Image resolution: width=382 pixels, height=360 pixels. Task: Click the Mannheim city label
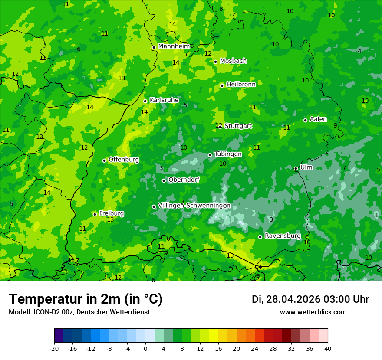point(174,46)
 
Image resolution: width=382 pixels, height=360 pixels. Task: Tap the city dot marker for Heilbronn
point(222,85)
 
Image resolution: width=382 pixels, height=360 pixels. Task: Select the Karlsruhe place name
point(164,100)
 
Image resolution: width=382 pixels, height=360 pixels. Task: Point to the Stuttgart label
point(238,126)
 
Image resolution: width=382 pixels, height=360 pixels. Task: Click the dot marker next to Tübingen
point(210,155)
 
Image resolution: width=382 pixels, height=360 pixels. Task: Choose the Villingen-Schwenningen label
point(194,206)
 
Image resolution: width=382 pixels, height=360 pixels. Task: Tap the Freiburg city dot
point(95,214)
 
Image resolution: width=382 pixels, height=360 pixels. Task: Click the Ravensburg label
point(283,236)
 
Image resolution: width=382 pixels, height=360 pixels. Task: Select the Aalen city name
point(318,119)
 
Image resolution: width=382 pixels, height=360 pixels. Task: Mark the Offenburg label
point(124,160)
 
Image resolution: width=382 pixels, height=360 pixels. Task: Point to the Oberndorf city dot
point(164,180)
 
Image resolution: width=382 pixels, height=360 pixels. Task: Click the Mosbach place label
point(233,61)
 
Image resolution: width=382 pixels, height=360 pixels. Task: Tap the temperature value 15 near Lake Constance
point(230,255)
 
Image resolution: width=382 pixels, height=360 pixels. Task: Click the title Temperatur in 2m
point(86,299)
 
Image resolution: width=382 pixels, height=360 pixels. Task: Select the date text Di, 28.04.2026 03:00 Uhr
point(310,299)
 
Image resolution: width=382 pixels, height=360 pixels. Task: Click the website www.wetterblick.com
point(313,312)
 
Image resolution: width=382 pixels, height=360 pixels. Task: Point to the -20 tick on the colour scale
point(54,348)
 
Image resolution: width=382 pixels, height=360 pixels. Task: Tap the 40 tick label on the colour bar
point(327,348)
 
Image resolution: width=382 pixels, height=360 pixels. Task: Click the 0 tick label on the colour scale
point(145,348)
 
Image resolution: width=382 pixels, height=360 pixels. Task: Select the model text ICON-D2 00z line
point(79,312)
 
